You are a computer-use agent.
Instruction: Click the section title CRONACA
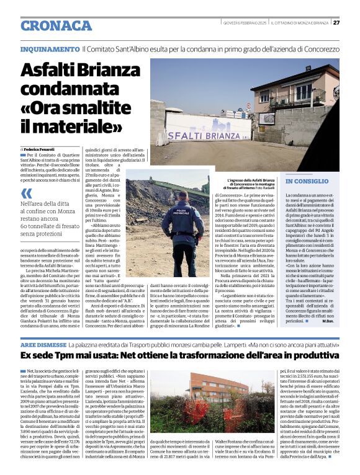[x=56, y=25]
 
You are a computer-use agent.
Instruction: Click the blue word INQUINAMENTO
[x=50, y=48]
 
